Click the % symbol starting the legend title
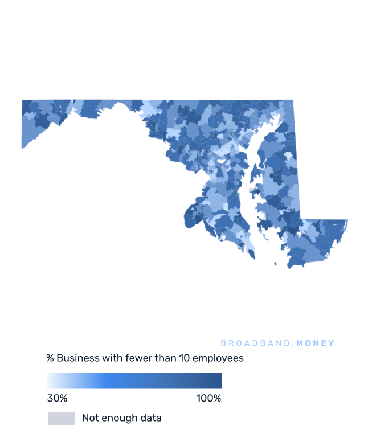pos(50,358)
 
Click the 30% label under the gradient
pos(57,398)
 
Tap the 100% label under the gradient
pos(208,398)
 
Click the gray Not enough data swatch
pos(61,419)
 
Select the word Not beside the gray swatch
pos(90,418)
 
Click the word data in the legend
pos(152,418)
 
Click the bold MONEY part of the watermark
pos(316,343)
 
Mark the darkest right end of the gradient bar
pos(219,380)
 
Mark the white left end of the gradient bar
pos(49,380)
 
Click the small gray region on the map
pos(251,190)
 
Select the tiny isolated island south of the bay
pos(276,264)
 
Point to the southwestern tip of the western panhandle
pos(23,148)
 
